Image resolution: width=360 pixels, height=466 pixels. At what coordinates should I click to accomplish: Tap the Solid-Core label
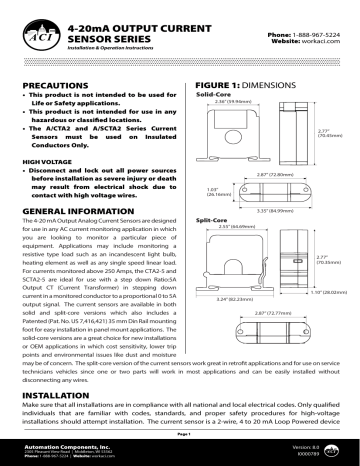[214, 96]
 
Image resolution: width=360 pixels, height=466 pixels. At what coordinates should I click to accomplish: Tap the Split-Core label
[213, 217]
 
